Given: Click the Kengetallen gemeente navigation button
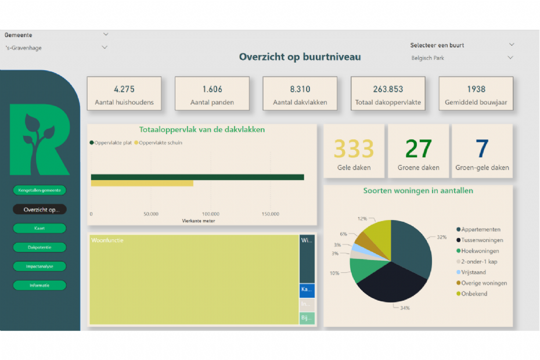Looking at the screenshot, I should [x=39, y=190].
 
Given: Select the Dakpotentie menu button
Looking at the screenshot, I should [x=39, y=247].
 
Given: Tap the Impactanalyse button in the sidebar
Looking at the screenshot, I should [x=39, y=267].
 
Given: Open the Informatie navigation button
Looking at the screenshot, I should [x=39, y=286].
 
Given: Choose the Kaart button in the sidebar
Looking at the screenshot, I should [x=39, y=228].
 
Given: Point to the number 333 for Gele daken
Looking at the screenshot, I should [x=354, y=149].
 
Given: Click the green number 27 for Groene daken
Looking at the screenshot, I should [x=418, y=149].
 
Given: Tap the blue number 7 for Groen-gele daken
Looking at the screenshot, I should [x=482, y=149].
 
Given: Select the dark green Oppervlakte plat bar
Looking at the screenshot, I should [x=197, y=177].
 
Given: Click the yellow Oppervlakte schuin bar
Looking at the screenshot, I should [x=142, y=183].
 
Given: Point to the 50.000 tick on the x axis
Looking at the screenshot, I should [x=151, y=214].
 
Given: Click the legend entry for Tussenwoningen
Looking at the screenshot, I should [x=482, y=240].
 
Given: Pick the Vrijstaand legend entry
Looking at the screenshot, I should [x=473, y=272].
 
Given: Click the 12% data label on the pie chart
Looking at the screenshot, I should [x=362, y=219].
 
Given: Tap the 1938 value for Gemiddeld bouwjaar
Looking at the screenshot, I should [x=476, y=89].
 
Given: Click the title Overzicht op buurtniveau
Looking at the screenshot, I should [x=300, y=57].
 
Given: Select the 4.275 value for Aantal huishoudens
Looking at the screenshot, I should [x=124, y=89].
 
